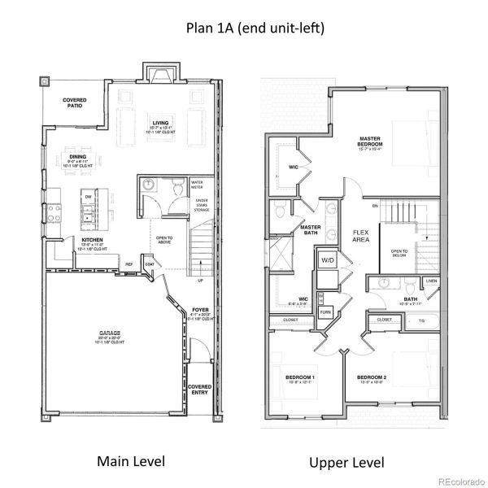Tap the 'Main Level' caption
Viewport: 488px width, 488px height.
[131, 461]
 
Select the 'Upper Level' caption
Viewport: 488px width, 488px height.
[346, 462]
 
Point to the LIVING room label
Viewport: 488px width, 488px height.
[159, 124]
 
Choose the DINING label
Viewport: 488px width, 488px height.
[78, 157]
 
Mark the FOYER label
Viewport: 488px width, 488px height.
[199, 310]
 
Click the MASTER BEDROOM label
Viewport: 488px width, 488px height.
[370, 142]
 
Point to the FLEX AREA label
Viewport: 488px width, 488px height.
[360, 237]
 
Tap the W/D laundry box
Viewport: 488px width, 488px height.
[327, 260]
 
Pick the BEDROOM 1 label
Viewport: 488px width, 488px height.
[300, 378]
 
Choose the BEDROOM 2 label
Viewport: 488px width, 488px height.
[371, 378]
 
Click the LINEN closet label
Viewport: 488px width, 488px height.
[430, 281]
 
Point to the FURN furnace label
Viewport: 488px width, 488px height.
[325, 312]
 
